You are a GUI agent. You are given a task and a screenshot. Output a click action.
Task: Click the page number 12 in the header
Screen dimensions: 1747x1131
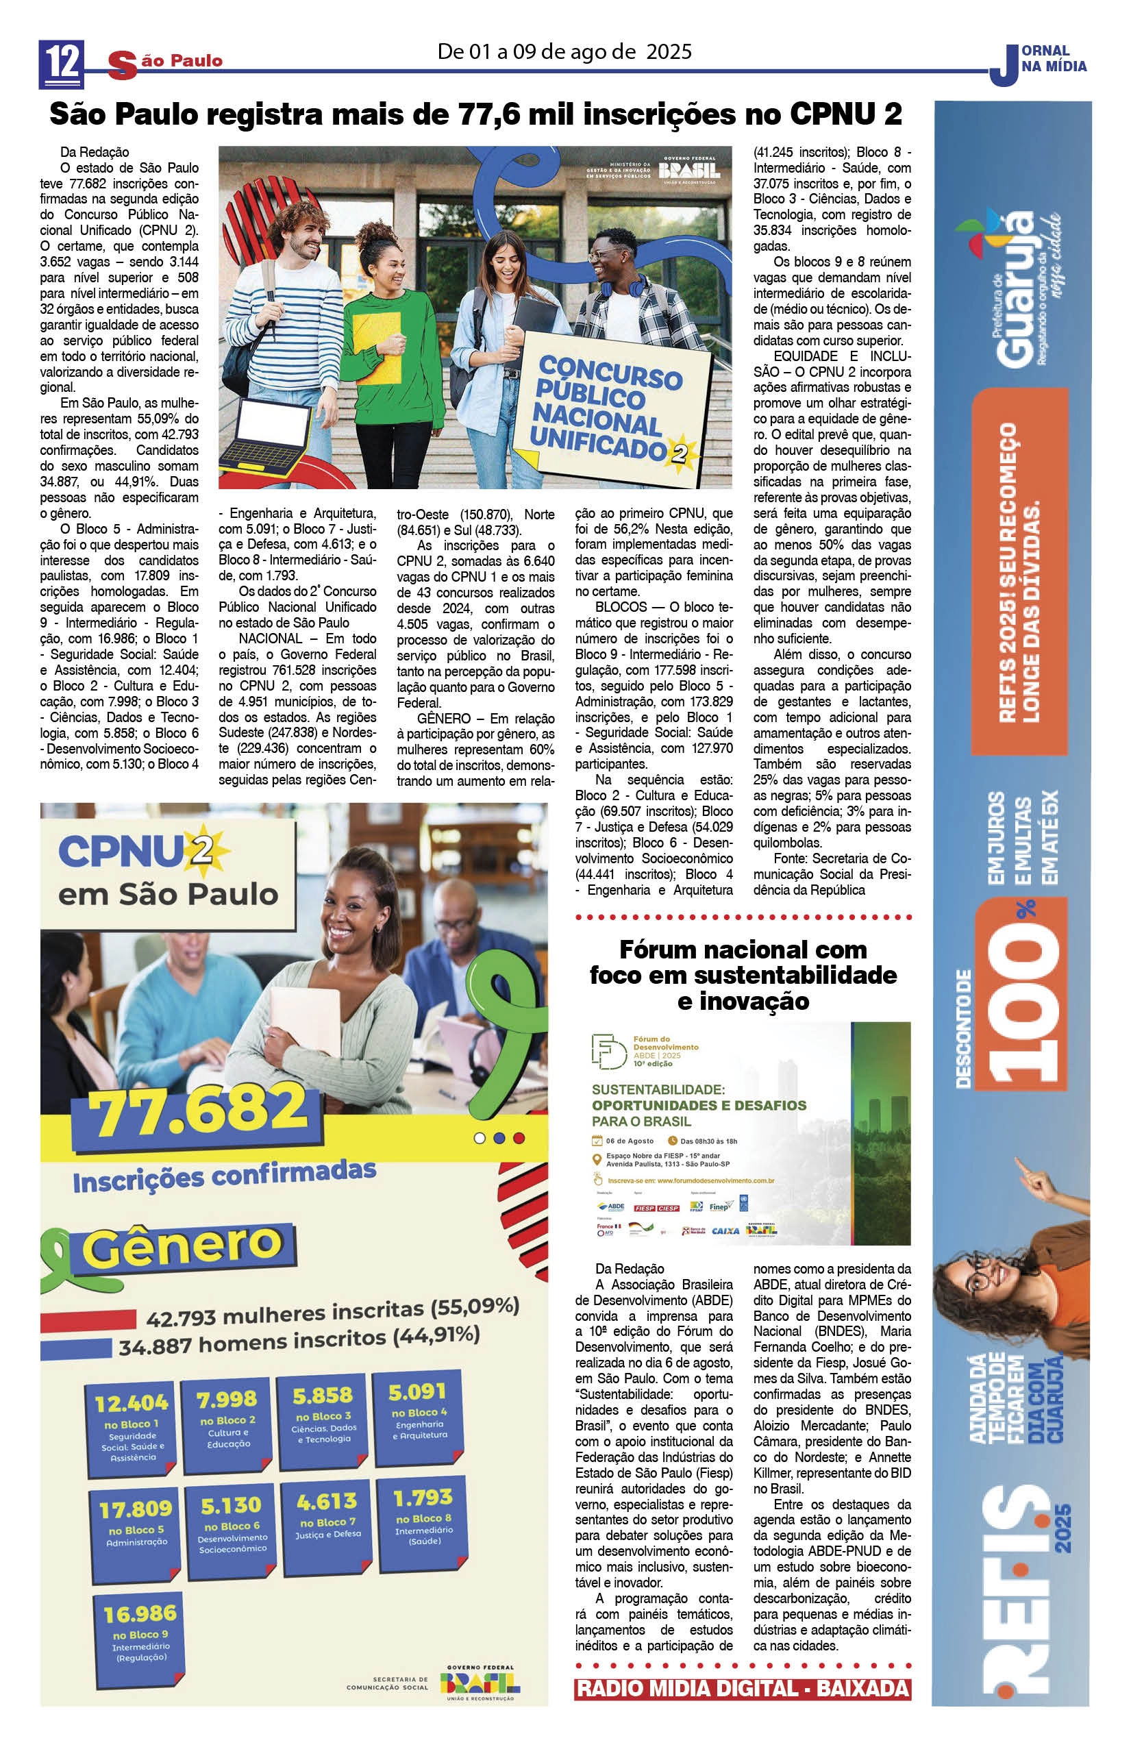(x=62, y=62)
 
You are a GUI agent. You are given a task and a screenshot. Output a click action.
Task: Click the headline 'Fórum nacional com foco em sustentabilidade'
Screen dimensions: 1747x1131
(x=743, y=975)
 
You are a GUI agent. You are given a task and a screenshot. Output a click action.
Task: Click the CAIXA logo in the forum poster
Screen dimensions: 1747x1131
(x=725, y=1231)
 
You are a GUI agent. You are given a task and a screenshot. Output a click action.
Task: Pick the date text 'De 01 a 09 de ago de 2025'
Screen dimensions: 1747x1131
(x=564, y=51)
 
